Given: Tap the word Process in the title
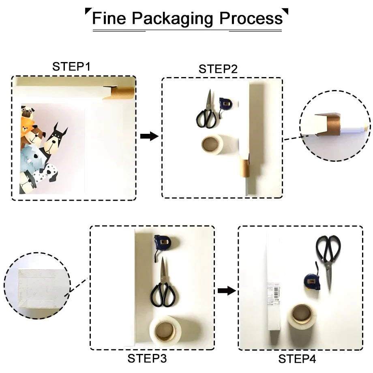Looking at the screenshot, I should [x=251, y=19].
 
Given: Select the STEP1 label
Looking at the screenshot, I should [x=71, y=66].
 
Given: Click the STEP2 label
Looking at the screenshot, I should [x=218, y=69].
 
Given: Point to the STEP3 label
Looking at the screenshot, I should [x=147, y=358].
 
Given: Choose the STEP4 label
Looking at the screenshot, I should [x=297, y=359].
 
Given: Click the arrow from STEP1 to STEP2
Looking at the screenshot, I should [x=149, y=136].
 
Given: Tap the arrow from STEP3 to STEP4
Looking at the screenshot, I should [x=226, y=290].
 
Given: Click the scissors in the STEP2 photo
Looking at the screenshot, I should [x=208, y=110].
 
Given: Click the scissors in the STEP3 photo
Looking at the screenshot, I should [x=163, y=287].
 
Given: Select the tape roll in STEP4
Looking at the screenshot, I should [x=302, y=317].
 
